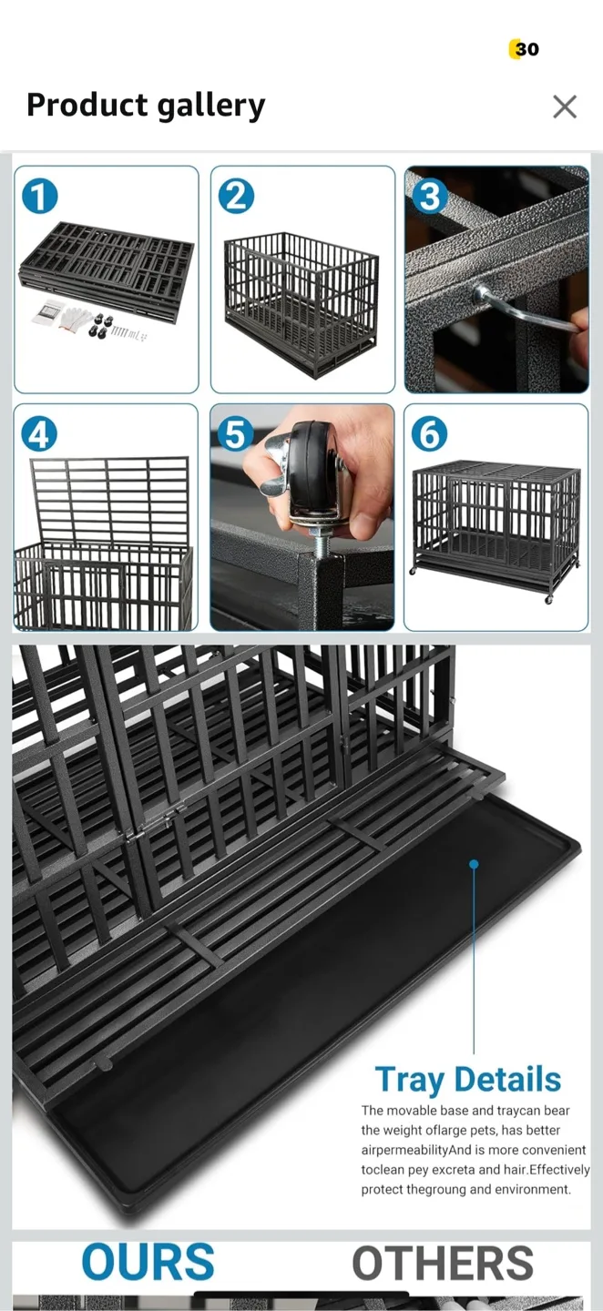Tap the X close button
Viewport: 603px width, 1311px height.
(x=565, y=107)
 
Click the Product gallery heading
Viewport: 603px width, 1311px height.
(x=146, y=106)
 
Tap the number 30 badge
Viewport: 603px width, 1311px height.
(x=525, y=49)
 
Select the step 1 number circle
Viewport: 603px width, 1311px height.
(x=40, y=196)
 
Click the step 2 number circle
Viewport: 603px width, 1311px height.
(x=236, y=196)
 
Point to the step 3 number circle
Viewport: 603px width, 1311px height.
(x=429, y=196)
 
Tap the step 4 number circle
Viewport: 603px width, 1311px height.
(x=39, y=434)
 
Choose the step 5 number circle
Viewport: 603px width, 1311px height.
(x=236, y=434)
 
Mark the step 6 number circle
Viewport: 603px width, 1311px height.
(x=429, y=434)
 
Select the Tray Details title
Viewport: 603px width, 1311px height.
(x=468, y=1080)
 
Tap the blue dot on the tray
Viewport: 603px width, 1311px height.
(x=474, y=863)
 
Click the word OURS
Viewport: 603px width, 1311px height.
(x=148, y=1263)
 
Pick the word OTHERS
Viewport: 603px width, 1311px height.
(x=443, y=1264)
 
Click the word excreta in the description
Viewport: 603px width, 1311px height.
(x=449, y=1170)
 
